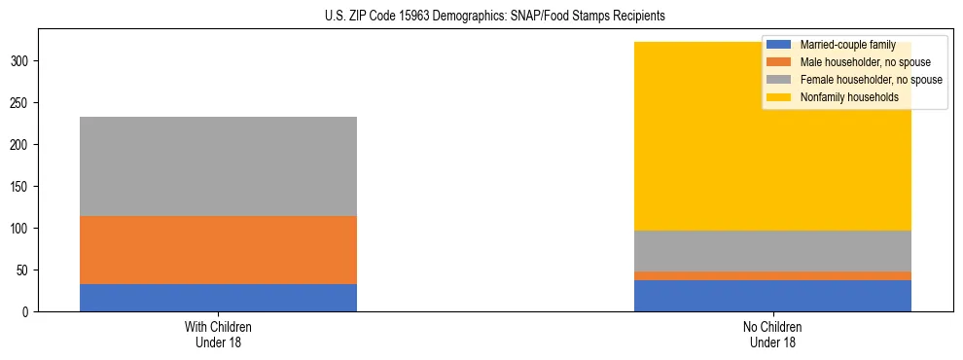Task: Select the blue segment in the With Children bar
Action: click(x=218, y=298)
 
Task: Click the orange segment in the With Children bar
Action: click(x=218, y=250)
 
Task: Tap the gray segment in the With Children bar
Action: click(x=218, y=166)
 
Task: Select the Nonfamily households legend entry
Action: click(x=849, y=97)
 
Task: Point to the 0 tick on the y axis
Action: click(x=31, y=312)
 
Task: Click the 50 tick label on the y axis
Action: click(x=28, y=270)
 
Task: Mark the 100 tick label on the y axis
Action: click(x=25, y=229)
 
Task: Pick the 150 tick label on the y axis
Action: click(x=25, y=187)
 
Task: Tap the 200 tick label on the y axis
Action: click(x=25, y=145)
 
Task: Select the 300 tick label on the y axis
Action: click(x=25, y=61)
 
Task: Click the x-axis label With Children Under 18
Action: click(x=218, y=334)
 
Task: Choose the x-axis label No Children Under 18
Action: click(x=772, y=334)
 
